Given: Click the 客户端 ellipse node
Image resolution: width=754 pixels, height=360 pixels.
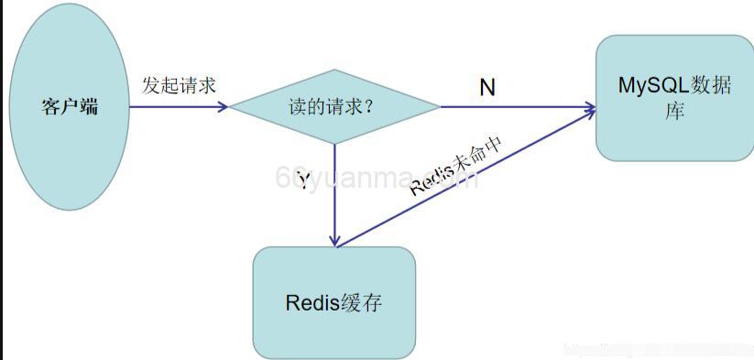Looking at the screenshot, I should (69, 147).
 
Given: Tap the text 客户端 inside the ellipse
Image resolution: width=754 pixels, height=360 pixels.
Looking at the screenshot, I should (70, 106).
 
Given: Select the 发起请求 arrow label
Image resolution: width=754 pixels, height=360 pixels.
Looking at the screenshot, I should (179, 85).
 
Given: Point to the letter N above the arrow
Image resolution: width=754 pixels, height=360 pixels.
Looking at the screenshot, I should (487, 87).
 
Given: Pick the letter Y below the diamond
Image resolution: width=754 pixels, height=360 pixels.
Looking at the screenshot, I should (303, 180).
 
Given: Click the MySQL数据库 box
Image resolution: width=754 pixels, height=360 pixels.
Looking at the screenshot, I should (673, 137).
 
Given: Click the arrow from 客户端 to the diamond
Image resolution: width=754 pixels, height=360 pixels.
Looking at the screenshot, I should (174, 106).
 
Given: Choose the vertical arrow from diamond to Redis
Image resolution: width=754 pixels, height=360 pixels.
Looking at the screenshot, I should (335, 197).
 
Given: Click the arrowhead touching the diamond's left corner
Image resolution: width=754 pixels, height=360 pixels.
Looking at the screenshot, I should (223, 106).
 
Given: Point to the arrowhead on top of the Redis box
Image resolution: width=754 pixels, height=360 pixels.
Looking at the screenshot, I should (335, 240).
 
